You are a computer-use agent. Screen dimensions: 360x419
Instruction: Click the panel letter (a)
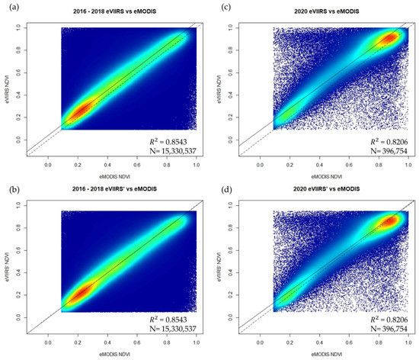pyautogui.click(x=10, y=8)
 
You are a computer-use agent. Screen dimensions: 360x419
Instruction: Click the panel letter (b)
pyautogui.click(x=10, y=187)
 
